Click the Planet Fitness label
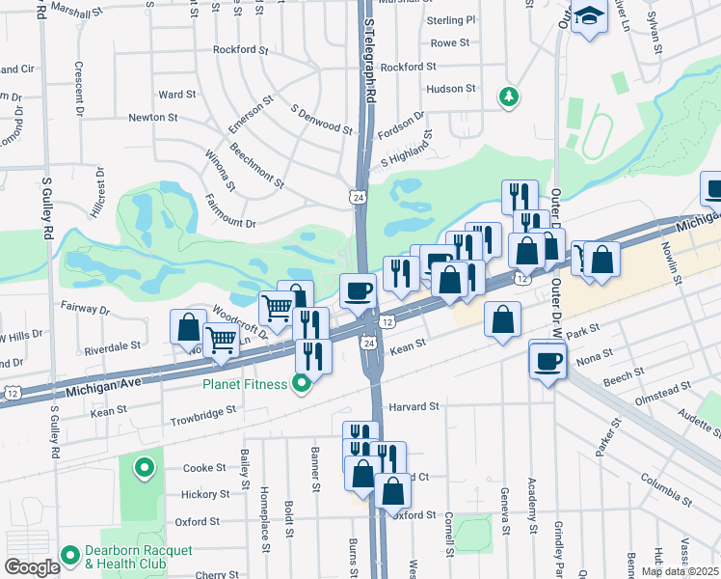tap(244, 384)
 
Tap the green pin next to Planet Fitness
tap(303, 385)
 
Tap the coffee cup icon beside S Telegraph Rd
tap(359, 289)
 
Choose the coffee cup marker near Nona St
tap(548, 361)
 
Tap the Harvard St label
tap(414, 406)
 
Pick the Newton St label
tap(153, 117)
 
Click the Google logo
tap(32, 567)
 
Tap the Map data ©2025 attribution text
tap(679, 571)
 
